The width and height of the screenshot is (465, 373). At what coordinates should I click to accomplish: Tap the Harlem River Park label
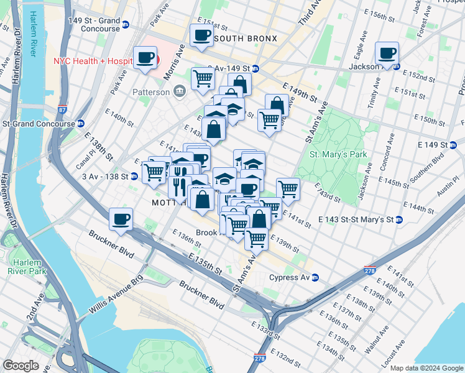pos(27,265)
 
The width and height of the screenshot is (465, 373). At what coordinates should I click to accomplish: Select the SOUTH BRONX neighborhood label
pos(245,39)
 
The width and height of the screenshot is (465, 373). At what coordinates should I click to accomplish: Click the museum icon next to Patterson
pos(180,92)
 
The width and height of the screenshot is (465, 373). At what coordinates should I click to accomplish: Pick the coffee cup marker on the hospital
pos(145,59)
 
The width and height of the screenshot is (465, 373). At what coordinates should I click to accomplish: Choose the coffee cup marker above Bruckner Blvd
pos(121,219)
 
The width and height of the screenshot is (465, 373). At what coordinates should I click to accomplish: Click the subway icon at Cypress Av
pos(315,277)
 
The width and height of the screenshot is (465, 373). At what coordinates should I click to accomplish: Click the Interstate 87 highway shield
pos(62,110)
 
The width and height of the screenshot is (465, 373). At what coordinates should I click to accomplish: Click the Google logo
pos(21,366)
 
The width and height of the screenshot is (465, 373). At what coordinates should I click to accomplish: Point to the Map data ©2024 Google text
pos(426,368)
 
